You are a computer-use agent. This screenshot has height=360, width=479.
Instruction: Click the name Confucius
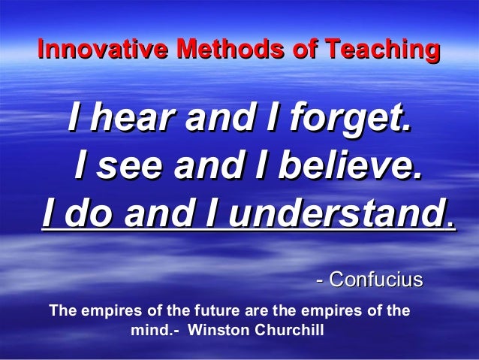pyautogui.click(x=376, y=280)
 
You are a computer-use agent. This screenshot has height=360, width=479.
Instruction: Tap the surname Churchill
pyautogui.click(x=290, y=330)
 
